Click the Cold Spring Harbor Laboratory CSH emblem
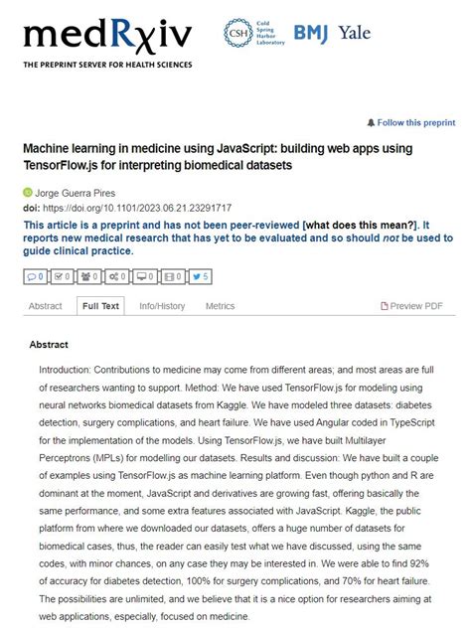tap(236, 32)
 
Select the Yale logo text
tap(354, 33)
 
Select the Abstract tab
tap(46, 306)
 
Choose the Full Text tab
tap(100, 306)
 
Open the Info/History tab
tap(162, 306)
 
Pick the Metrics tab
tap(220, 306)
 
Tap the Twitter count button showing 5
tap(200, 275)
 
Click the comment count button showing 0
tap(36, 275)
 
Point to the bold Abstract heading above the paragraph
tap(49, 345)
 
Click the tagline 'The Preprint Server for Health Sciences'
tap(107, 65)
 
